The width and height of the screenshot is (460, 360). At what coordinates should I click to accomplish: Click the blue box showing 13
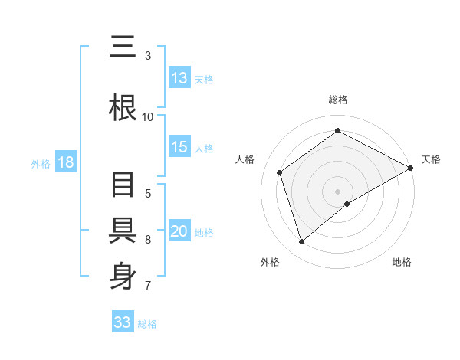[179, 78]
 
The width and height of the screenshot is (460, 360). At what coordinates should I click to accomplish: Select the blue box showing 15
[179, 148]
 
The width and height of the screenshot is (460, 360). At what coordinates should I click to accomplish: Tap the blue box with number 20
[179, 232]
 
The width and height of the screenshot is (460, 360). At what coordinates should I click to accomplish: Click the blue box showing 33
[123, 322]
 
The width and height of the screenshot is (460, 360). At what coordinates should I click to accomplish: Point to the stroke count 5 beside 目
[148, 194]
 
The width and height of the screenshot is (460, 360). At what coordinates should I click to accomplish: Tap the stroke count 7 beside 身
[148, 286]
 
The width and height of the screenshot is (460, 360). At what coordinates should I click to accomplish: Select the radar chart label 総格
[337, 100]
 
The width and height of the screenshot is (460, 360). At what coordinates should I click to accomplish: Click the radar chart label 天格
[431, 159]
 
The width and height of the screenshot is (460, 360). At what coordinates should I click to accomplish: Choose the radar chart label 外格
[270, 263]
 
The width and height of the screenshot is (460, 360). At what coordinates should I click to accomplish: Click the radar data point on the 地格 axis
[347, 204]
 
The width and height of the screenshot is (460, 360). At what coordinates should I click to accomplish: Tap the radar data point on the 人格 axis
[280, 172]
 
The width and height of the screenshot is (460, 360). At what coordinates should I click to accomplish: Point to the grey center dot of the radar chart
[337, 191]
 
